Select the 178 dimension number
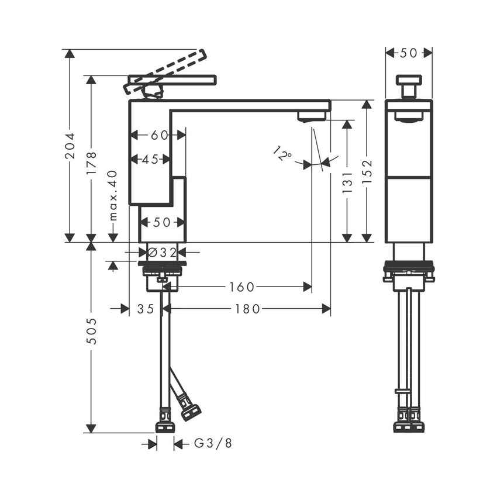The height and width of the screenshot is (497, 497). point(91,163)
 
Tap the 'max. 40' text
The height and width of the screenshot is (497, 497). point(113,195)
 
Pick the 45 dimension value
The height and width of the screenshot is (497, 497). point(150,159)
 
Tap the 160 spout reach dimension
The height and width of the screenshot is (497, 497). point(241,287)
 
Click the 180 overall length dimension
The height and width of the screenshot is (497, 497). point(247,309)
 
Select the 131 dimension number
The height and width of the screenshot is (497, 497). point(347,183)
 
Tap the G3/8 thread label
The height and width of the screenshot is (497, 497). point(213,444)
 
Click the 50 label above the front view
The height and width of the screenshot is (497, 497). point(409,53)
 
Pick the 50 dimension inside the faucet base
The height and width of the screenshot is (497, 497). point(161,223)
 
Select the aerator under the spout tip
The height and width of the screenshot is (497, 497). point(312,116)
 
